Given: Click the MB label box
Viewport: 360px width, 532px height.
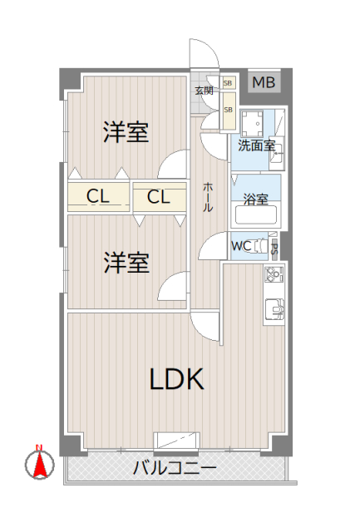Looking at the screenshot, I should (x=264, y=82).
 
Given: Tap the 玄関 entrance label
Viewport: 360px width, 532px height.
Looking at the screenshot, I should (x=204, y=90).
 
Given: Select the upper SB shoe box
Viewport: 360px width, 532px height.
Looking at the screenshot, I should (x=228, y=82).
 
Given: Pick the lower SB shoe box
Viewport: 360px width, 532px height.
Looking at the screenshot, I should (x=228, y=109).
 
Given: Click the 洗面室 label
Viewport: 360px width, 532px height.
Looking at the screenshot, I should (x=256, y=145).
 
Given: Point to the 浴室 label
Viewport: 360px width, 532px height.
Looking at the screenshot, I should (x=255, y=199).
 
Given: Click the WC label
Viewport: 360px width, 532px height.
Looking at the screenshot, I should (x=241, y=246).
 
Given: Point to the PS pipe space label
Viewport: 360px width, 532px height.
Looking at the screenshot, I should (x=274, y=247).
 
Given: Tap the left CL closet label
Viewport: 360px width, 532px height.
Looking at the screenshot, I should (x=99, y=197).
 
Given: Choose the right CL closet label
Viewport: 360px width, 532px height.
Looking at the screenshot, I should (x=159, y=197).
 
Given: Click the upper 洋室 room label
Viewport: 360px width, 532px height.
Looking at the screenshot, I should (x=126, y=132).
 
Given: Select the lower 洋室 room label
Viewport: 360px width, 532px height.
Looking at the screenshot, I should (x=126, y=263).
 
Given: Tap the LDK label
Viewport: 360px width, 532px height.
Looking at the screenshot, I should (x=177, y=379).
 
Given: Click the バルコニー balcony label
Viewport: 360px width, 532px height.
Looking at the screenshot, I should (x=175, y=468).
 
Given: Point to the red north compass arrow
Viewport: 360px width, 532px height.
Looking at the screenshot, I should (x=38, y=463).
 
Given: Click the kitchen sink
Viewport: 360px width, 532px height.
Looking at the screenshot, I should (x=274, y=308).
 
